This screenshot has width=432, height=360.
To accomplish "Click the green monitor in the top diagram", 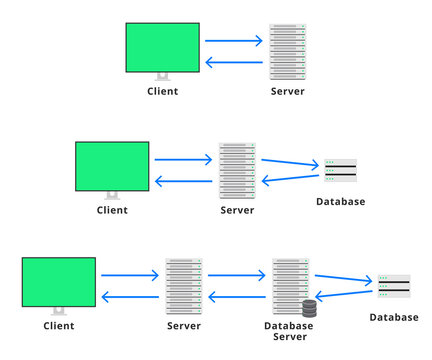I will (162, 47).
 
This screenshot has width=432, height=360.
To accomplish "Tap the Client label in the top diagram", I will (162, 91).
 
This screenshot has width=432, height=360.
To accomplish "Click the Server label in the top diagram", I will (287, 91).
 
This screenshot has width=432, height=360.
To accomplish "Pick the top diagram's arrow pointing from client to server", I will (234, 41).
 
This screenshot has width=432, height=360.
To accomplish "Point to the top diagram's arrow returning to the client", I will (234, 62).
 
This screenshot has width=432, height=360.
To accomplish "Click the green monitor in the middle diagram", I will (112, 165).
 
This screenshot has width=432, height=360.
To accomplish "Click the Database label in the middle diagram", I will (340, 202).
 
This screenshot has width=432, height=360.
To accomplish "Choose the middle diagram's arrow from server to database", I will (288, 162).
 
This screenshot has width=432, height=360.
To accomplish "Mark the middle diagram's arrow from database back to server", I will (288, 178).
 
